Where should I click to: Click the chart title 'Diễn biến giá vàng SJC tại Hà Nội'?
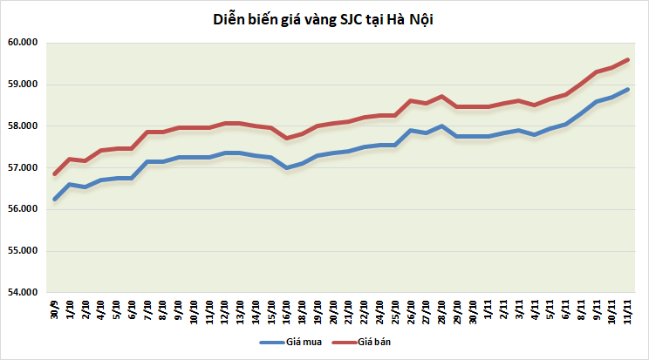[x=324, y=19]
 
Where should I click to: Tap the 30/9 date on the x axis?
[x=54, y=308]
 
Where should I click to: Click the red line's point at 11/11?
[x=628, y=60]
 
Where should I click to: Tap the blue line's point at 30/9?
[x=54, y=199]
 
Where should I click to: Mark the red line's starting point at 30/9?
[x=54, y=174]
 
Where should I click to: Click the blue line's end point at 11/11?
[x=628, y=89]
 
